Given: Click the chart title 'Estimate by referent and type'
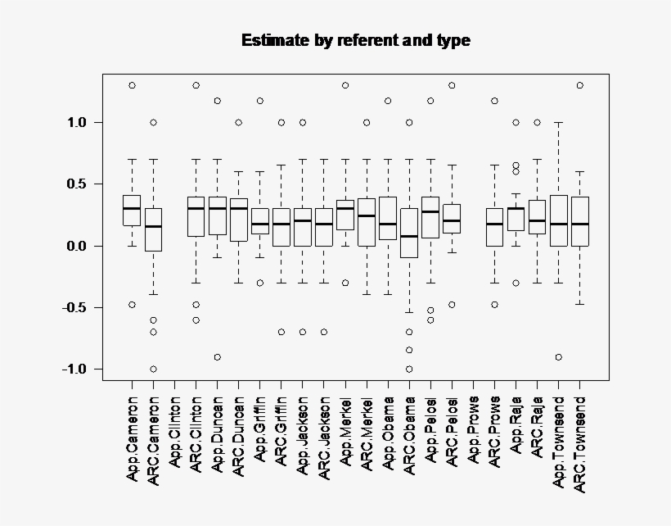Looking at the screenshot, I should (x=355, y=40).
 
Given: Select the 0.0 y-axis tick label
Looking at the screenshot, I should (x=79, y=246).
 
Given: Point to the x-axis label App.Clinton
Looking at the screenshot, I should (x=174, y=434).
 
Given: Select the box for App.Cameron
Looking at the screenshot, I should (x=132, y=210).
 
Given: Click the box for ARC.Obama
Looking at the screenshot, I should (x=409, y=233).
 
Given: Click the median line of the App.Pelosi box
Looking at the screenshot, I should (x=430, y=211).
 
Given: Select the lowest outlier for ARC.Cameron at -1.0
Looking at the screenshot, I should (x=153, y=369).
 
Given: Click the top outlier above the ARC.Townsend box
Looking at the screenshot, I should (x=580, y=85).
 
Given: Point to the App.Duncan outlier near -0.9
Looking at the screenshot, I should (x=218, y=356).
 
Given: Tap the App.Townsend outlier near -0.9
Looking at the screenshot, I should (x=559, y=356).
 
